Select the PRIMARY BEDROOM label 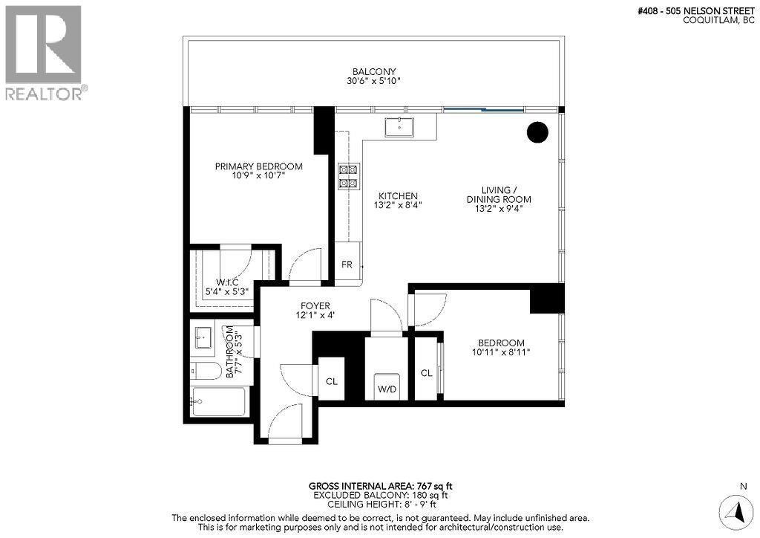tap(258, 166)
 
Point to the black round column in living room tap(537, 132)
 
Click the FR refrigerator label tap(347, 265)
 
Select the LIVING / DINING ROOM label tap(498, 199)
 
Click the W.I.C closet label tap(226, 282)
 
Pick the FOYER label tap(315, 305)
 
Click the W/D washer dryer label tap(386, 388)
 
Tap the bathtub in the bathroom tap(218, 402)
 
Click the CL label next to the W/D tap(426, 373)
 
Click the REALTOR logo tap(44, 53)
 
